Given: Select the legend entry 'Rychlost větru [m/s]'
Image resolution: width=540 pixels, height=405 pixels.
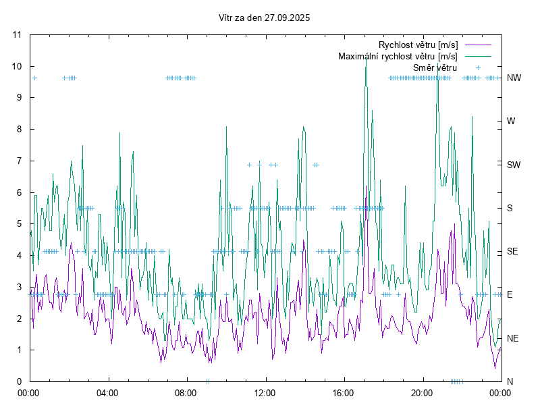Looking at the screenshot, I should tap(418, 45).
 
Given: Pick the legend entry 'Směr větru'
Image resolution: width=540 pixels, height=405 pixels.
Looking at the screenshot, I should tap(435, 67).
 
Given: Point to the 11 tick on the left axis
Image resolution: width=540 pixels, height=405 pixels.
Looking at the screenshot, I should tap(18, 34).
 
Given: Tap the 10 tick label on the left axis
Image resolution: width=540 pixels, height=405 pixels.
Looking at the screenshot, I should tap(18, 66).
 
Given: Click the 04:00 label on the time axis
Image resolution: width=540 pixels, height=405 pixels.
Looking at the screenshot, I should tap(107, 392).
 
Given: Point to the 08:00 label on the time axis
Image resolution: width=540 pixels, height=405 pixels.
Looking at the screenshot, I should tap(186, 392).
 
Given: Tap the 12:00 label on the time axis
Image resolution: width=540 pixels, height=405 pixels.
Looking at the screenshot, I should tap(265, 392).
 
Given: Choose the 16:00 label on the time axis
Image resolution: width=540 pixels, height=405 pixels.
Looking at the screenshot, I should tap(344, 392).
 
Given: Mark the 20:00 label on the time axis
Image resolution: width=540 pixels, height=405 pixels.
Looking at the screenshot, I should tap(422, 392).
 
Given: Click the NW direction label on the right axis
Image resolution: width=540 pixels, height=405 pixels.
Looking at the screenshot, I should tap(514, 78).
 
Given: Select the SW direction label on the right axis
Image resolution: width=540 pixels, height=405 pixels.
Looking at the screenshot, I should tap(514, 165).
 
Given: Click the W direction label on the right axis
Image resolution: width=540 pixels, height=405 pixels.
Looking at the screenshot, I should tap(511, 122).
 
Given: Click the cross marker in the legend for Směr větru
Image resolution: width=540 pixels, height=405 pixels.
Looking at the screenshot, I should tap(477, 67).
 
